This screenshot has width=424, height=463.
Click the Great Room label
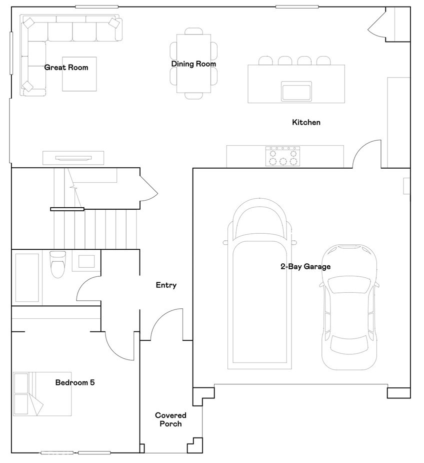tap(66, 67)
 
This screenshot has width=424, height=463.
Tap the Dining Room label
tap(193, 64)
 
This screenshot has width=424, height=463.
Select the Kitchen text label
tap(306, 122)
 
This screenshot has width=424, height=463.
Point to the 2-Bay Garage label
tap(305, 267)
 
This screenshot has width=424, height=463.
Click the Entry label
tap(166, 285)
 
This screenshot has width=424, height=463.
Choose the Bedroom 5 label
tap(75, 382)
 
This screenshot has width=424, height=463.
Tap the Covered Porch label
tap(170, 419)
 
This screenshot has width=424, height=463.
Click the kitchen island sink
tap(296, 91)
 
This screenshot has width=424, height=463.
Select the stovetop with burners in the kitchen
tap(282, 156)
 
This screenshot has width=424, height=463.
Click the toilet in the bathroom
tap(57, 264)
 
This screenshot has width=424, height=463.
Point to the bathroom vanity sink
tap(86, 261)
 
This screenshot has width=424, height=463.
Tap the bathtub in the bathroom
tap(27, 279)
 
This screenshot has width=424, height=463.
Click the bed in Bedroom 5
tap(42, 394)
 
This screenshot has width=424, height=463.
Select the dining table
tap(193, 64)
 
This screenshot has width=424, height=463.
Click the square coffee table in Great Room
tap(79, 74)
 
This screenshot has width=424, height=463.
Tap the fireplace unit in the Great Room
tap(74, 158)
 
